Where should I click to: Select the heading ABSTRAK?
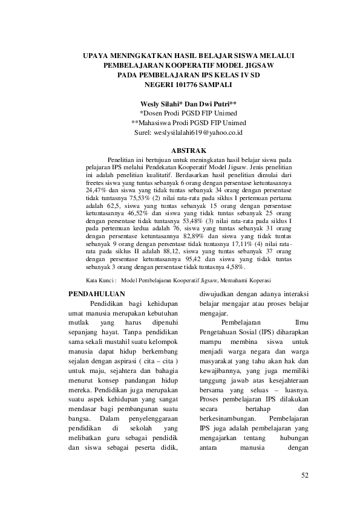tap(189, 149)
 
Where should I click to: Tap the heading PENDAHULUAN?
tap(97, 294)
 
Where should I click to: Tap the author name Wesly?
tap(151, 104)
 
